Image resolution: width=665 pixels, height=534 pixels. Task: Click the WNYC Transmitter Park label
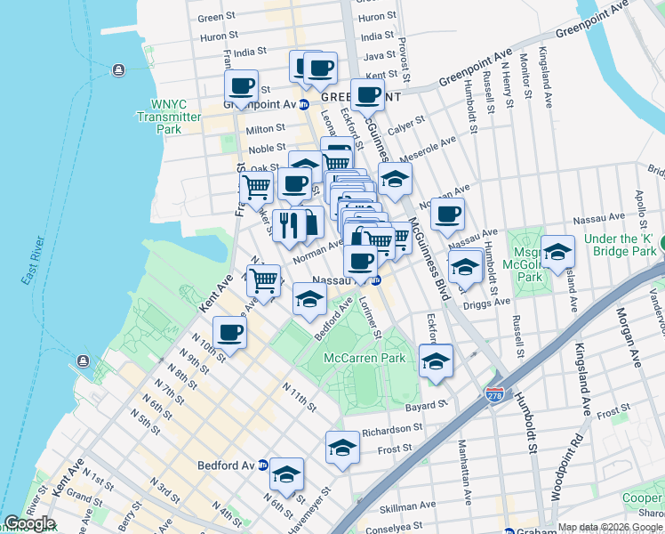168,117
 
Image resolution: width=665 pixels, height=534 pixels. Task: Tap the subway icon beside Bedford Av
262,465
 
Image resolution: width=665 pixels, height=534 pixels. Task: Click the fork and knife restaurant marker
289,226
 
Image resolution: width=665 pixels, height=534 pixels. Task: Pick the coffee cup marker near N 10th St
229,333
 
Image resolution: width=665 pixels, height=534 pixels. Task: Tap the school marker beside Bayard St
435,361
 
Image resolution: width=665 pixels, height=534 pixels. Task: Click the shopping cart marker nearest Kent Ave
264,280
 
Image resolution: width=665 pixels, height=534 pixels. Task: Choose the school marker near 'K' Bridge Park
557,252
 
